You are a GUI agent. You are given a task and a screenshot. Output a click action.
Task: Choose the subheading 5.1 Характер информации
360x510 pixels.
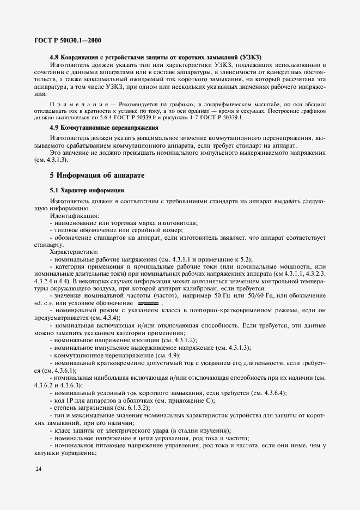(87, 190)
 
